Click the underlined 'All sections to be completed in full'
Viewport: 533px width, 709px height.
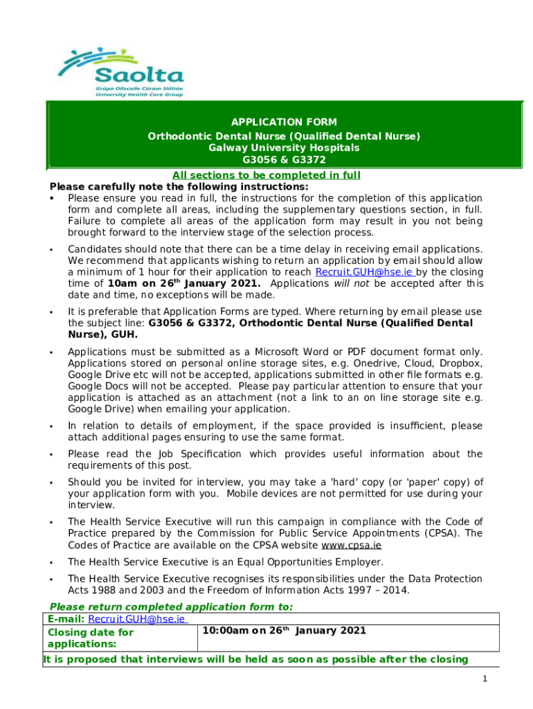coord(266,175)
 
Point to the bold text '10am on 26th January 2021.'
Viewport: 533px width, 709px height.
coord(184,283)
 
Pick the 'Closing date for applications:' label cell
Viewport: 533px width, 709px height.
coord(90,638)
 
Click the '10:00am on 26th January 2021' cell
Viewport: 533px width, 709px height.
coord(284,631)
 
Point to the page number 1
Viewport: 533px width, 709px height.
coord(486,679)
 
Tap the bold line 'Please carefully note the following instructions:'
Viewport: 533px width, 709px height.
coord(179,187)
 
